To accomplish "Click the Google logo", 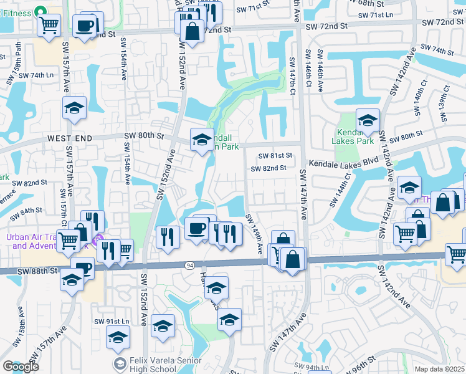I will click(x=21, y=367).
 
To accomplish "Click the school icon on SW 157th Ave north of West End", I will click(x=74, y=108).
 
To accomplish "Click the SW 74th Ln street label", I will click(x=36, y=75).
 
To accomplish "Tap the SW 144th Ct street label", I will click(x=347, y=186).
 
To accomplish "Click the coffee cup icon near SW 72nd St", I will click(x=85, y=26).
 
